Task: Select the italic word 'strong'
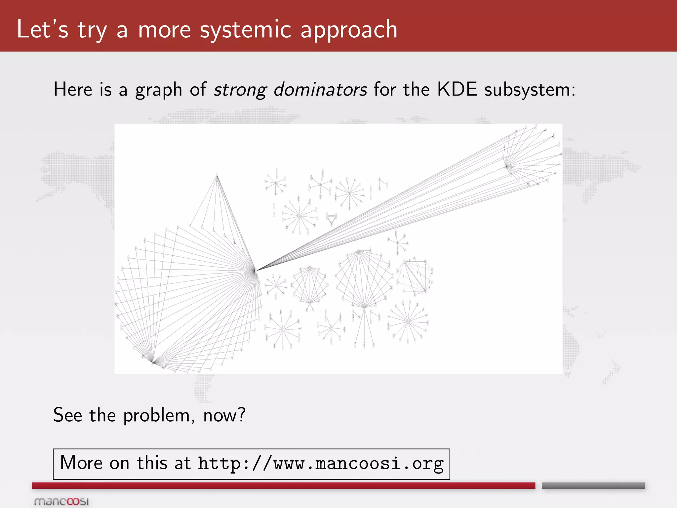click(x=240, y=90)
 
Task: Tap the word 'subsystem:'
click(x=530, y=90)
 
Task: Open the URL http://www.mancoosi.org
click(x=321, y=464)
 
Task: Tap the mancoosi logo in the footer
click(x=61, y=501)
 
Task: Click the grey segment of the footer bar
click(x=593, y=485)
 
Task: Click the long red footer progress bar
click(x=283, y=485)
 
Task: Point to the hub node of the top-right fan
click(x=506, y=166)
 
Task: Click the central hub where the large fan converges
click(x=255, y=271)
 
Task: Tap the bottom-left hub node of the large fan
click(x=153, y=362)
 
